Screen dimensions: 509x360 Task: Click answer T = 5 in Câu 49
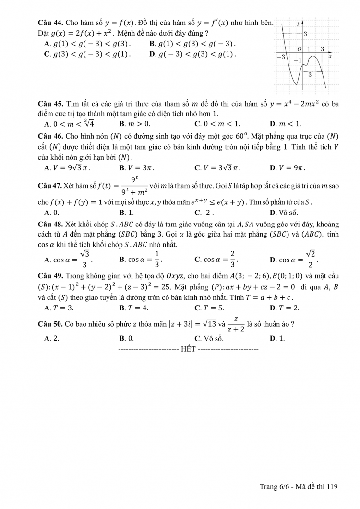(x=209, y=308)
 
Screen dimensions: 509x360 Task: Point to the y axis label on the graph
(x=298, y=23)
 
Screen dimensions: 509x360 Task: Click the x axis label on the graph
(x=330, y=57)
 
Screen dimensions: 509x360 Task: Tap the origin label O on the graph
(x=299, y=49)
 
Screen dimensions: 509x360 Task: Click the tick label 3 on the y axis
(x=305, y=34)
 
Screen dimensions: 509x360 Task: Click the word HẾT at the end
(x=188, y=349)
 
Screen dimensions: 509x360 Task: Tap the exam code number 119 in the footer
(x=333, y=486)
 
